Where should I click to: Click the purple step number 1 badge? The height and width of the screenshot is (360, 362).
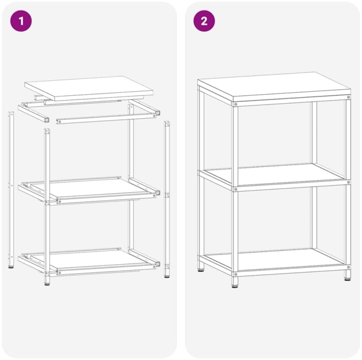tap(22, 21)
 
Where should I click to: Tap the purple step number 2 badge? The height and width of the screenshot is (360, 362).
tap(204, 21)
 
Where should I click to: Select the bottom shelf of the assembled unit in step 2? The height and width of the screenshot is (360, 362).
tap(275, 259)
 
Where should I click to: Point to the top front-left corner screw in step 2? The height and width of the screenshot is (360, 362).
tap(235, 105)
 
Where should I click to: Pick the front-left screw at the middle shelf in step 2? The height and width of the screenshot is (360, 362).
tap(235, 188)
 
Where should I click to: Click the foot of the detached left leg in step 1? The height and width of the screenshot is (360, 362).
tap(11, 265)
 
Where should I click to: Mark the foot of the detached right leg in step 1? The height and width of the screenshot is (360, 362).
tap(167, 276)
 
